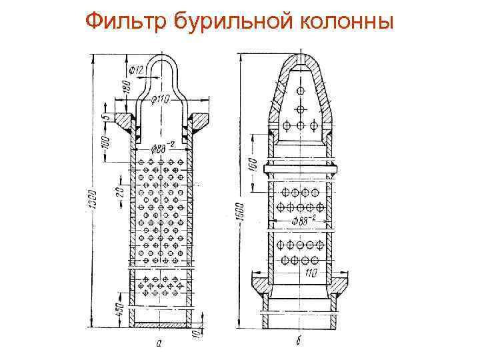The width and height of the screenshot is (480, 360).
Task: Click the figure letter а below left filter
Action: (x=158, y=343)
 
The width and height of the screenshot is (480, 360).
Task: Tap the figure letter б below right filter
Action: (x=298, y=343)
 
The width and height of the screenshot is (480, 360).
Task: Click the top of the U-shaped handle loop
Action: (x=161, y=56)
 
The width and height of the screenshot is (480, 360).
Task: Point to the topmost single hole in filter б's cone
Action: (x=301, y=89)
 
